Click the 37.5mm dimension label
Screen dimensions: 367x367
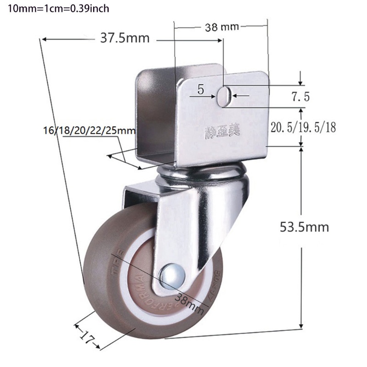click(x=125, y=39)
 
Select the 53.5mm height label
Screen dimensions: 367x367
click(x=305, y=227)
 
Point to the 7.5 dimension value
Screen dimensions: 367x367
click(x=300, y=97)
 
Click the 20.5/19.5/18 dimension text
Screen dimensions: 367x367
click(x=303, y=128)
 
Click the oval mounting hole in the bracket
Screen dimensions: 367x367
click(x=224, y=97)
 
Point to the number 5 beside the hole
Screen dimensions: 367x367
click(x=200, y=89)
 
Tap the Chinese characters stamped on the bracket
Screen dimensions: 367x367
click(x=219, y=133)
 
